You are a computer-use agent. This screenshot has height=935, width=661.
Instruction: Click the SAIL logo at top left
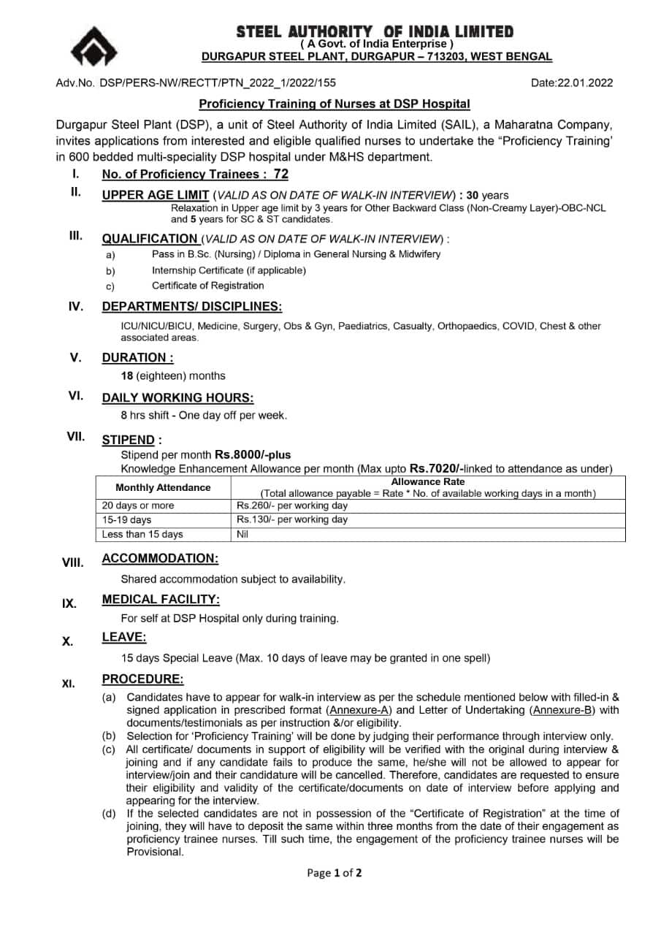[93, 47]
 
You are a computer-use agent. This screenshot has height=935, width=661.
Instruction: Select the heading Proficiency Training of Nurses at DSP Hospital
[335, 104]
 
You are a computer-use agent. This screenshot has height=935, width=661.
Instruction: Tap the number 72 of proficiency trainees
[280, 174]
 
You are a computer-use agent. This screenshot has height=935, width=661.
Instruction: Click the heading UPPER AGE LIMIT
[156, 195]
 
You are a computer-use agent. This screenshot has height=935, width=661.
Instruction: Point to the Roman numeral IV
[75, 307]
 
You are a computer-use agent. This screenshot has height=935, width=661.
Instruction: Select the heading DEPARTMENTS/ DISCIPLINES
[191, 306]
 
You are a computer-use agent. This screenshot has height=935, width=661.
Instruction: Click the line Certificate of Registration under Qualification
[207, 286]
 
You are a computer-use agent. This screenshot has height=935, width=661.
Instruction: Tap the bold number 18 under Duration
[127, 376]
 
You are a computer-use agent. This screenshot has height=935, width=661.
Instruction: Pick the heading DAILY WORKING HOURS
[177, 398]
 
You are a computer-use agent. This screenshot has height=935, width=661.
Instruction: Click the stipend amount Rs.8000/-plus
[252, 454]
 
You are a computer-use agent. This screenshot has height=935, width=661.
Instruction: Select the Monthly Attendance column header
[163, 487]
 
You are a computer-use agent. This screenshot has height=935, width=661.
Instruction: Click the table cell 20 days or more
[138, 505]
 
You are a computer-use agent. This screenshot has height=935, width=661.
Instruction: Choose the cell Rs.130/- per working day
[292, 520]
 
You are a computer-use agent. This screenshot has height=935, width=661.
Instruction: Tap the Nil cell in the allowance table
[242, 535]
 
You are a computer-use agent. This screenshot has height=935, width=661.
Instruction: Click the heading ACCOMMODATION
[160, 559]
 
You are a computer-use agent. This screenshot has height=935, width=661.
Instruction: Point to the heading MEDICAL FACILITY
[161, 600]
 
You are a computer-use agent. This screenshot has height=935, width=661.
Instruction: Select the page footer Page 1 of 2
[335, 872]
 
